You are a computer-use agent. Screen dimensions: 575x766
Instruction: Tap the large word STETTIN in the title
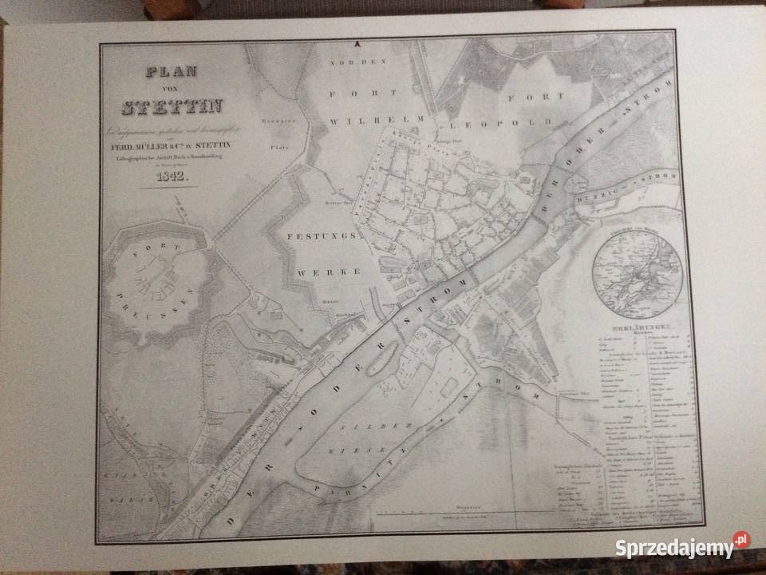[x=172, y=106]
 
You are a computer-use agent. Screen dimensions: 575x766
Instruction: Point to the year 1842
[x=172, y=177]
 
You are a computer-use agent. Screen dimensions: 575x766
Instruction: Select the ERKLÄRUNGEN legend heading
[x=638, y=328]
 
